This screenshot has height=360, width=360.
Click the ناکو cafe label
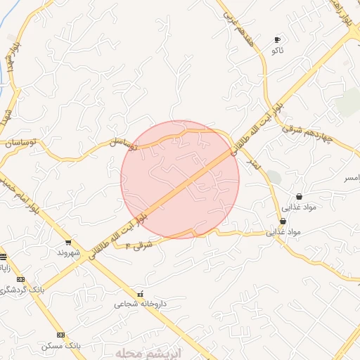coord(277,51)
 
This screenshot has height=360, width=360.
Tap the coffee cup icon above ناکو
coord(277,39)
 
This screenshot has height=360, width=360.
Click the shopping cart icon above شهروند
coord(67,243)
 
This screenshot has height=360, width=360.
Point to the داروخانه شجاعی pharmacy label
coord(140,304)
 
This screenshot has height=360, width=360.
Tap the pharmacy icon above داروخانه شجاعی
coord(140,294)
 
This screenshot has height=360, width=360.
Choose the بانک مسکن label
coord(61,346)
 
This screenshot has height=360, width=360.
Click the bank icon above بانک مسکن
coord(61,335)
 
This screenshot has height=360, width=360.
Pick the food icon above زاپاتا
coord(3,257)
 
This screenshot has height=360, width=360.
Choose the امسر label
coord(350,179)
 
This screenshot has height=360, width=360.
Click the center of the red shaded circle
coord(180,179)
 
